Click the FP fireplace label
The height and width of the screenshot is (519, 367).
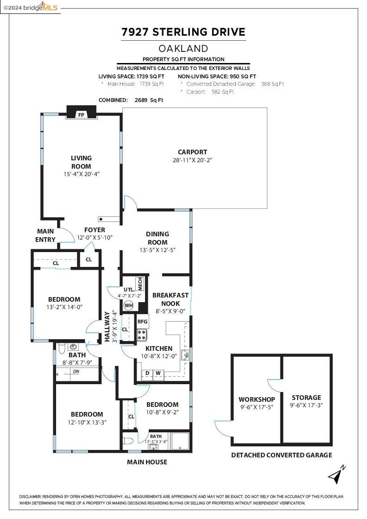[x=81, y=114]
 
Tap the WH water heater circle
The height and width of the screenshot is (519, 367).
[x=128, y=305]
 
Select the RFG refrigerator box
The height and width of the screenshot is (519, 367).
[x=142, y=321]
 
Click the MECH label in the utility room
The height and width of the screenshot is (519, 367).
[x=140, y=284]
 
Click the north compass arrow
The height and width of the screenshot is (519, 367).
[x=337, y=474]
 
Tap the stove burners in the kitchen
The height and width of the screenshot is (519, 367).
[x=142, y=335]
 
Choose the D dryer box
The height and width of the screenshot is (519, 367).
[x=147, y=373]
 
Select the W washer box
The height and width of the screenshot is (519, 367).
[x=158, y=373]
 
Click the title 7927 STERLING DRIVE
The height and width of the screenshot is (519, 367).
[x=183, y=32]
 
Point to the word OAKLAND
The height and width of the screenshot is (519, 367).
[x=183, y=48]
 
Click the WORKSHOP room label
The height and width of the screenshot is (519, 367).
[x=257, y=399]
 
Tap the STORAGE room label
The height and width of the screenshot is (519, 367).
[x=306, y=398]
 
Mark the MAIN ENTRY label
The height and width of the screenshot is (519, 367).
[x=45, y=235]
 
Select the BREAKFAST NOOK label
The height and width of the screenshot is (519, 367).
[x=170, y=299]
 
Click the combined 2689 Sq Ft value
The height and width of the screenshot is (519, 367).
[x=149, y=100]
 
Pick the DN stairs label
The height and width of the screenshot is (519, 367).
[x=76, y=372]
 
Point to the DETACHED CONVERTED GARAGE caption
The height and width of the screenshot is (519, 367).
[x=281, y=455]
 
